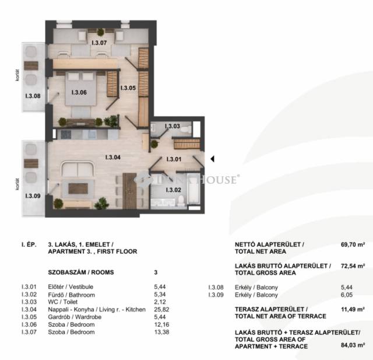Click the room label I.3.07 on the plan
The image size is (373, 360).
tap(99, 43)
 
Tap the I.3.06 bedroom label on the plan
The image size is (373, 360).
tap(79, 92)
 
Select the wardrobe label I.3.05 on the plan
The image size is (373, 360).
tap(128, 88)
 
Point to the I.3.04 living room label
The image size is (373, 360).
tap(112, 157)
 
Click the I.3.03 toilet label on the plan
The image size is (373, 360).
tap(173, 126)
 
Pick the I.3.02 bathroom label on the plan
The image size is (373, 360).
tap(174, 190)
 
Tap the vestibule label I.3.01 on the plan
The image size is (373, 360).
tap(174, 159)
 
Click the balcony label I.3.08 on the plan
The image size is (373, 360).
tap(33, 96)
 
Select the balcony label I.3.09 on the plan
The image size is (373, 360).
tap(33, 196)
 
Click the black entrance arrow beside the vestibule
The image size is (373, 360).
tap(212, 159)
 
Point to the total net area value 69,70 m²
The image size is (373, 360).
tap(353, 244)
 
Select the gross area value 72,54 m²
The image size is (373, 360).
tap(353, 266)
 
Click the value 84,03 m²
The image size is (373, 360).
tap(353, 345)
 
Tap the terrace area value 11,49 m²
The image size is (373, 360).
tap(353, 309)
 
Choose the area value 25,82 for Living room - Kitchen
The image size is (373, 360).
tap(161, 309)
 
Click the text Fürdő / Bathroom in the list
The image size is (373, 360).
tap(71, 295)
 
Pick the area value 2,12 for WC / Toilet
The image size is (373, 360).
tap(160, 302)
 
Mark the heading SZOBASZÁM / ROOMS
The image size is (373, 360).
tap(81, 272)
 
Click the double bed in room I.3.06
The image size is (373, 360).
tap(81, 89)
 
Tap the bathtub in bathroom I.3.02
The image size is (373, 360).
tap(193, 189)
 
